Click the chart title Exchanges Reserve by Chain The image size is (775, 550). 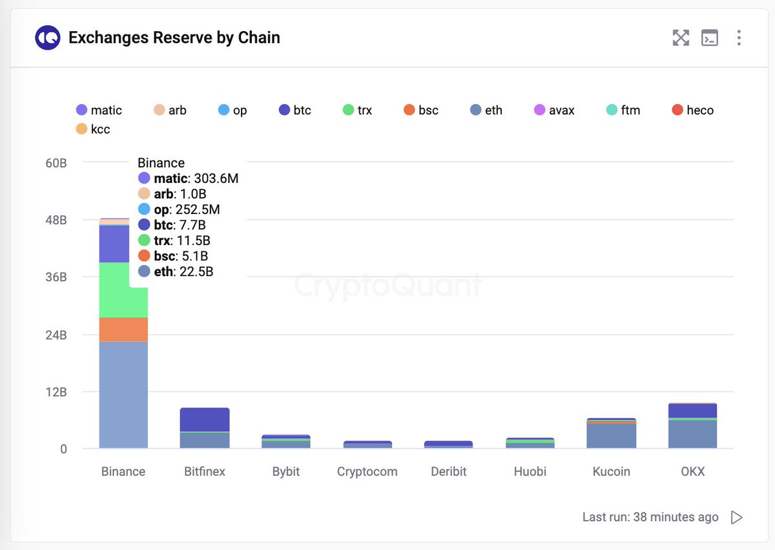pyautogui.click(x=174, y=38)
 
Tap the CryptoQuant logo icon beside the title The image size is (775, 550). pyautogui.click(x=48, y=38)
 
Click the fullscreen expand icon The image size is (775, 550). pyautogui.click(x=681, y=38)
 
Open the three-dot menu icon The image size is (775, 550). pyautogui.click(x=739, y=38)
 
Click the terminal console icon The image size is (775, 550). pyautogui.click(x=710, y=38)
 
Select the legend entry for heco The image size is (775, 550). pyautogui.click(x=693, y=111)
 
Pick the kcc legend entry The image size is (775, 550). pyautogui.click(x=93, y=129)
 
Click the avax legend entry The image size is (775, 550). pyautogui.click(x=554, y=111)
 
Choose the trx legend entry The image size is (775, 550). pyautogui.click(x=357, y=111)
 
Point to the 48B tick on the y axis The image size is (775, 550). pyautogui.click(x=56, y=220)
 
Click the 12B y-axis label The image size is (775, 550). pyautogui.click(x=56, y=392)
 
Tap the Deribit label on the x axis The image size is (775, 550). pyautogui.click(x=448, y=472)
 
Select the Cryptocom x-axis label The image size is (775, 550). pyautogui.click(x=367, y=472)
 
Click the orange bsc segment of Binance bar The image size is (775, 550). pyautogui.click(x=123, y=330)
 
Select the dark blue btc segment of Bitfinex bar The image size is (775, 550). pyautogui.click(x=205, y=420)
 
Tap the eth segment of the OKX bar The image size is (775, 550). pyautogui.click(x=692, y=434)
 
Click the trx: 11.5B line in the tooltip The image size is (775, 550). pyautogui.click(x=174, y=241)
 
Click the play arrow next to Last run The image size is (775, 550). pyautogui.click(x=736, y=518)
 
